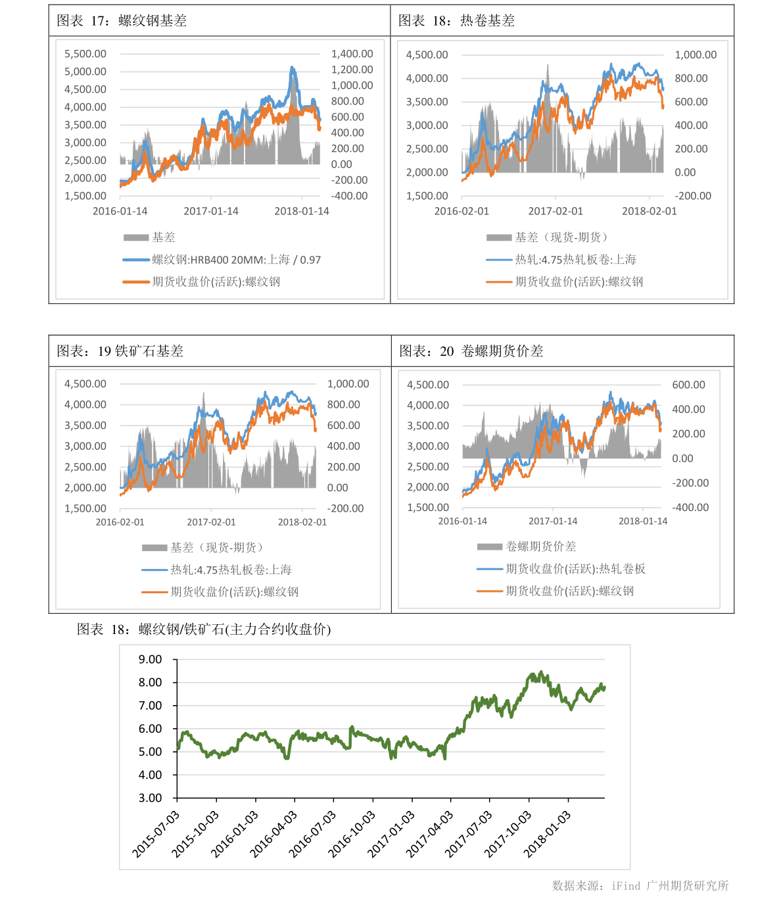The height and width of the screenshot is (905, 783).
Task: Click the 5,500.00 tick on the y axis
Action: (x=85, y=54)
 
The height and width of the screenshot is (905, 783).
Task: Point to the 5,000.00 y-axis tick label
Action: (x=85, y=72)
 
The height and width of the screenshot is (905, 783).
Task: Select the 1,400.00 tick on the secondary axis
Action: (x=352, y=54)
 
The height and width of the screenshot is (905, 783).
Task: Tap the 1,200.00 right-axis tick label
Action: (x=352, y=70)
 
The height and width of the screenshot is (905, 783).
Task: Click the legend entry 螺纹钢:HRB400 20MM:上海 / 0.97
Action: (x=236, y=260)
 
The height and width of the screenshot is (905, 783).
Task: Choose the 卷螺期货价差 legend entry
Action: (x=540, y=547)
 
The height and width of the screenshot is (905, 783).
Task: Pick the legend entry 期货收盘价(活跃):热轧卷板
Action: (x=575, y=569)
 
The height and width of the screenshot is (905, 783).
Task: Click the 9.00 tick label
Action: (x=150, y=659)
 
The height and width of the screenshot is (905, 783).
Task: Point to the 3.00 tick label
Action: (x=150, y=798)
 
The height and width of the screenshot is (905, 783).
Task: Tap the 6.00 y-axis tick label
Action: (x=150, y=729)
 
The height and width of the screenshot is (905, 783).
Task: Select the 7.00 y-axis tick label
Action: (x=150, y=706)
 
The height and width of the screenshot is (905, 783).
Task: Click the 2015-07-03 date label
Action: (x=156, y=834)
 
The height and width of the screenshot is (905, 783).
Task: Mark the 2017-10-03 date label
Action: (x=508, y=834)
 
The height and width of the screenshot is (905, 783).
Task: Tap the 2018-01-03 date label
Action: (x=548, y=834)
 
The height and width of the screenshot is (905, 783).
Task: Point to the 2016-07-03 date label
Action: (x=313, y=834)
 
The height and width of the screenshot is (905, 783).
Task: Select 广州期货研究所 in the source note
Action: (x=687, y=886)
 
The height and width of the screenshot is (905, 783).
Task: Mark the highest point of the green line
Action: (x=541, y=672)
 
